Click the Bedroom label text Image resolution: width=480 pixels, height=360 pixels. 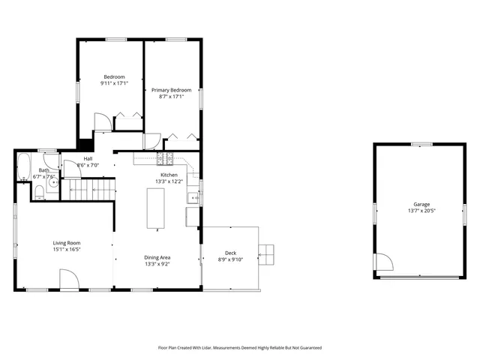pyautogui.click(x=113, y=76)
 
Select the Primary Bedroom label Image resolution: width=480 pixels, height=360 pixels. pyautogui.click(x=172, y=90)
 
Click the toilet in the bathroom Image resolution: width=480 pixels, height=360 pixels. pyautogui.click(x=38, y=193)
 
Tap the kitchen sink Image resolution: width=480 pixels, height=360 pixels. pyautogui.click(x=193, y=199)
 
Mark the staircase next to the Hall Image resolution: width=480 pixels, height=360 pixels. pyautogui.click(x=89, y=190)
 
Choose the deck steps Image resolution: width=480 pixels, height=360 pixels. pyautogui.click(x=267, y=254)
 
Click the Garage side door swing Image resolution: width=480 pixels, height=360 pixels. pyautogui.click(x=383, y=262)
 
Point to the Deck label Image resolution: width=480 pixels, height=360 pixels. pyautogui.click(x=231, y=253)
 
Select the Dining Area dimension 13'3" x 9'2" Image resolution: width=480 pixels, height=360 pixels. pyautogui.click(x=157, y=264)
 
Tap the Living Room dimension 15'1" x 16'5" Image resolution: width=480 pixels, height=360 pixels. pyautogui.click(x=67, y=250)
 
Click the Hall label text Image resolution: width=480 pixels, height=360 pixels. pyautogui.click(x=88, y=158)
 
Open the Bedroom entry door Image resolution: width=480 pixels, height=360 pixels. pyautogui.click(x=102, y=122)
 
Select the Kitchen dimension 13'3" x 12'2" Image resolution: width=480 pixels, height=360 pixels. pyautogui.click(x=169, y=181)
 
